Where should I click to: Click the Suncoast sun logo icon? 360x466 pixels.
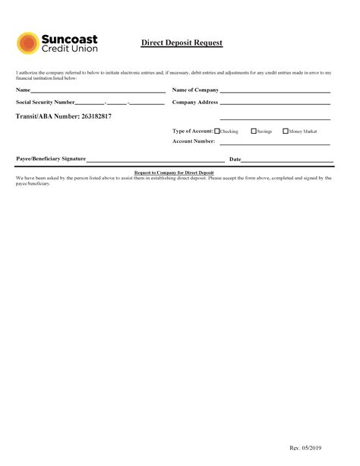click(28, 43)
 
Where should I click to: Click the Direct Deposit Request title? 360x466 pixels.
click(182, 43)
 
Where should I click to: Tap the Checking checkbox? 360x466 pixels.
click(217, 131)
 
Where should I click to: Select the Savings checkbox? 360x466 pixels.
click(254, 131)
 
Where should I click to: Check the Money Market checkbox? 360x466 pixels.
click(286, 131)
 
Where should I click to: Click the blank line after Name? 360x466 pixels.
click(98, 91)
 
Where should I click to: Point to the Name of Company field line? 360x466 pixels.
click(275, 91)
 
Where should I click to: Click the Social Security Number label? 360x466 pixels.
click(45, 102)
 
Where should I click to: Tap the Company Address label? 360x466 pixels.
click(195, 102)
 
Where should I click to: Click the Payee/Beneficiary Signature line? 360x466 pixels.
click(155, 161)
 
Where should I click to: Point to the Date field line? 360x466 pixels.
click(288, 161)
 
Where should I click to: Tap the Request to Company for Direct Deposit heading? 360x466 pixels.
click(174, 173)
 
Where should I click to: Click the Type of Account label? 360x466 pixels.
click(193, 131)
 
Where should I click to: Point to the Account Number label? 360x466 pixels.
click(194, 141)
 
